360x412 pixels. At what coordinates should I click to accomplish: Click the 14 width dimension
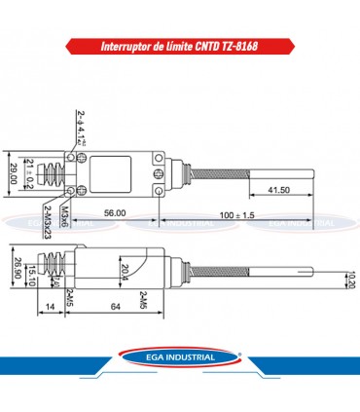[x=50, y=308]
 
